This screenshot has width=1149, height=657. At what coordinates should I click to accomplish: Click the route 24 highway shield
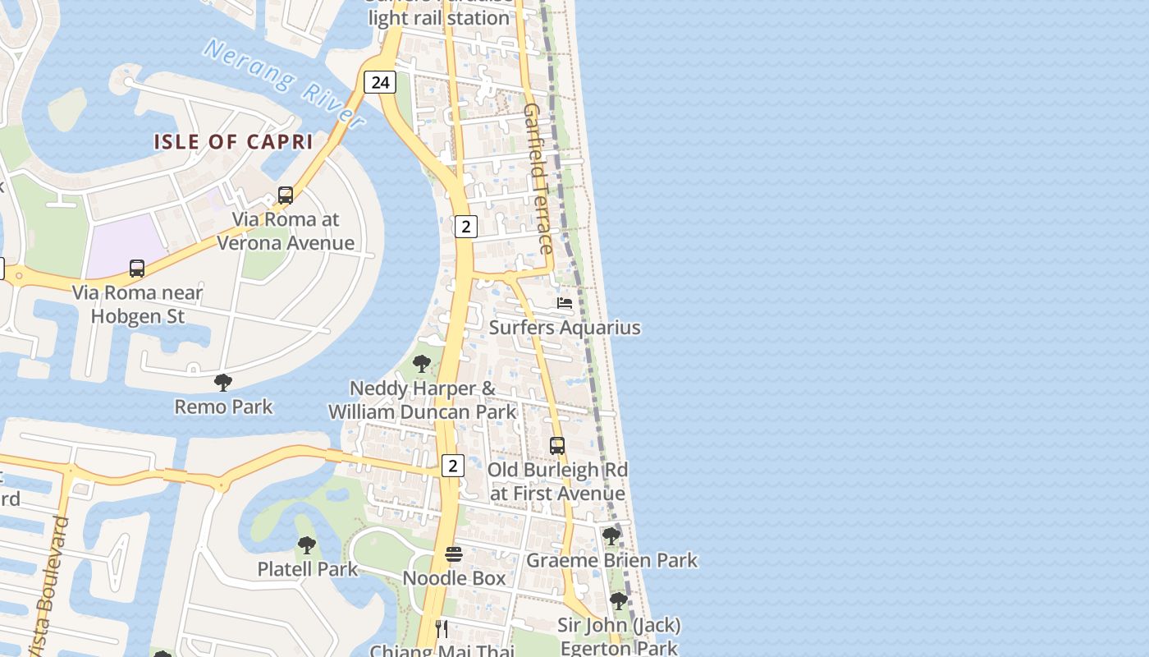coord(379,82)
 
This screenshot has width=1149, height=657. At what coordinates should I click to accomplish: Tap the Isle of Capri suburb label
coord(233,141)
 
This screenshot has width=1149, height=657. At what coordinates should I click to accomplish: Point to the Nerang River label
coord(284,84)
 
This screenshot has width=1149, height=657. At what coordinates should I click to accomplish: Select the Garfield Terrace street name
coord(539,177)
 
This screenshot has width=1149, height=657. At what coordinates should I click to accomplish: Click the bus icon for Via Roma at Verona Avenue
coord(286,195)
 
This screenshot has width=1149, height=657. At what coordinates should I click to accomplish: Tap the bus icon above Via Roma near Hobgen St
coord(137,269)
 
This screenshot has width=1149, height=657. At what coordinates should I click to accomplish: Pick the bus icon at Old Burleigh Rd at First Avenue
coord(557,446)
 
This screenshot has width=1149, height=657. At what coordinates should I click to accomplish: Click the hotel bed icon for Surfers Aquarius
coord(564,303)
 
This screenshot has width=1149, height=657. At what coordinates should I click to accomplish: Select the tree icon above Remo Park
coord(222,382)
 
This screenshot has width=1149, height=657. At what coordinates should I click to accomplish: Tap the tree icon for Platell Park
coord(307,544)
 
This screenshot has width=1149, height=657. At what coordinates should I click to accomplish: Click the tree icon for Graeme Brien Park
coord(611,536)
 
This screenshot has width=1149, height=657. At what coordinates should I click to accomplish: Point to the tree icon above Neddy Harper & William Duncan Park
coord(422,363)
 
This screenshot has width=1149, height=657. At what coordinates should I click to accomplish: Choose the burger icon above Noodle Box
coord(454,554)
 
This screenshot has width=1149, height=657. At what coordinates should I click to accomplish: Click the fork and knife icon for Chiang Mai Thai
coord(442,629)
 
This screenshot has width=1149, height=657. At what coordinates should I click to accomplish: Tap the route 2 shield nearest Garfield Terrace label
coord(465,227)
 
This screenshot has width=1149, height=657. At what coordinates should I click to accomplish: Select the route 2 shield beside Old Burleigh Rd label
coord(452,466)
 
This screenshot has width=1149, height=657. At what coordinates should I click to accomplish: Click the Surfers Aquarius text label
coord(565,328)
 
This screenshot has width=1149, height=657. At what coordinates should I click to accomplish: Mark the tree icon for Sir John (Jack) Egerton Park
coord(619,601)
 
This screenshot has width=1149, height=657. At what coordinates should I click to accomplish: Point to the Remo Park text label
coord(223,407)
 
